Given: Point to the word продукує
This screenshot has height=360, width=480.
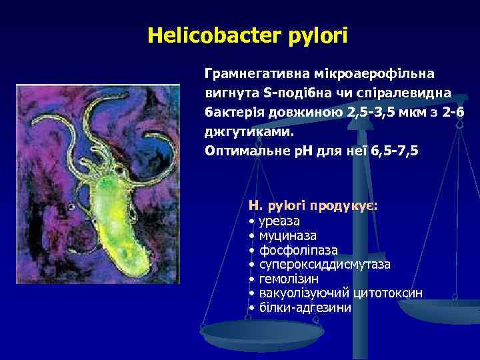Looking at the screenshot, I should [347, 205].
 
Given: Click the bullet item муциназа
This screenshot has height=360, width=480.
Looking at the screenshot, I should [287, 235].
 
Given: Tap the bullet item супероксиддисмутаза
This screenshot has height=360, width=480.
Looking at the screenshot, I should [324, 265].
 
